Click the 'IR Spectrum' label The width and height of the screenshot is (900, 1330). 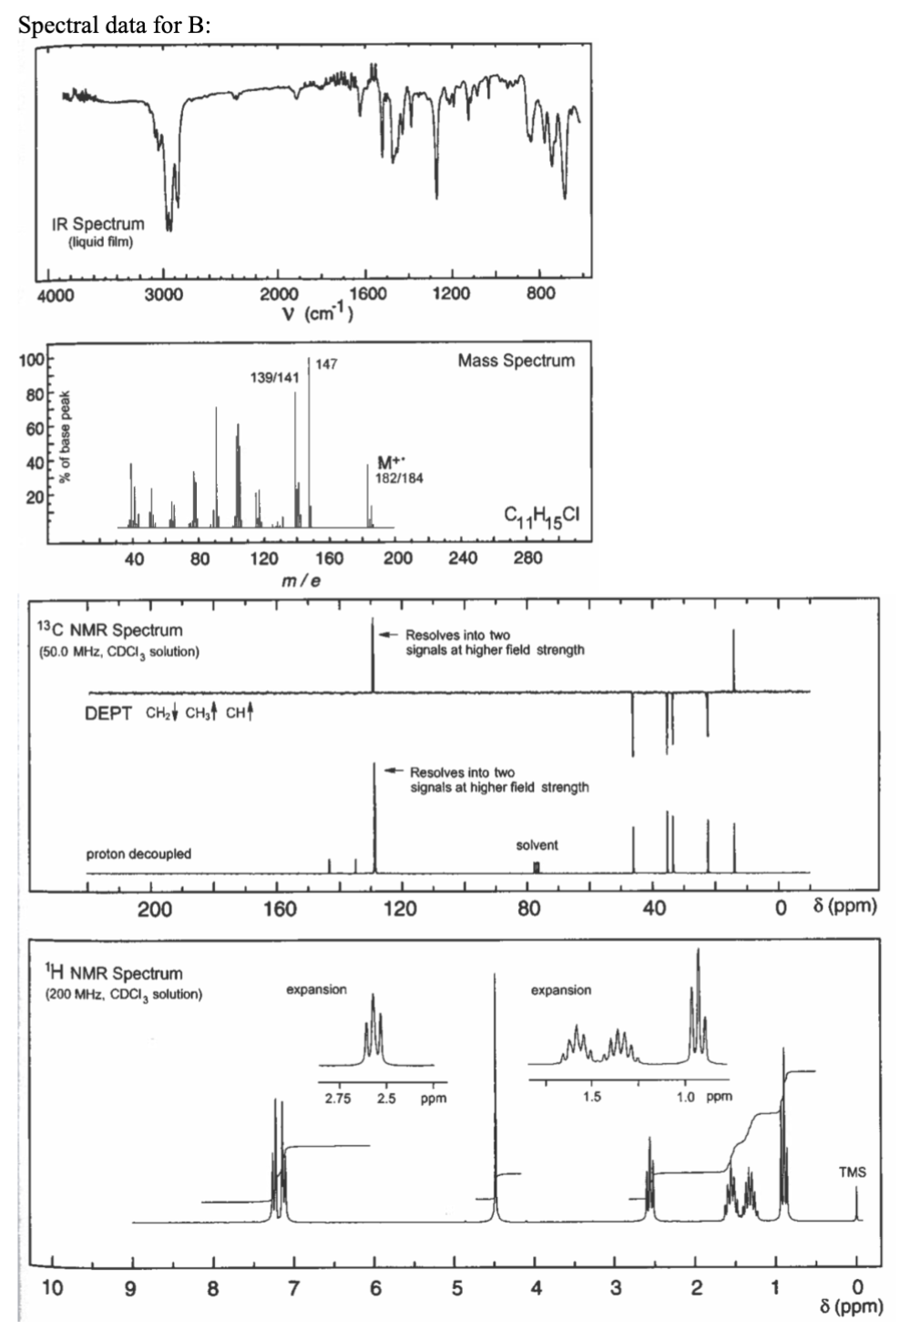[98, 224]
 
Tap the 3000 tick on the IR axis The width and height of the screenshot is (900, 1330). [163, 294]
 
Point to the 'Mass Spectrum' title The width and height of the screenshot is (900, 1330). [516, 361]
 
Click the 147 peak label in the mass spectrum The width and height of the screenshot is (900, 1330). [326, 364]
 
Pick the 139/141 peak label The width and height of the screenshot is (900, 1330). [274, 377]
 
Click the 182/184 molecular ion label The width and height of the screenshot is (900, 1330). [399, 478]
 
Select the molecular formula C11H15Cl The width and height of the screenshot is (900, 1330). [541, 516]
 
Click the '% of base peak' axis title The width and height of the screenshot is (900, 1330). [65, 437]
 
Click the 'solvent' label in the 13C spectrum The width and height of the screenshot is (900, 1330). [537, 845]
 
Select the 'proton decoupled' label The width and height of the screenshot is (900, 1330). [138, 854]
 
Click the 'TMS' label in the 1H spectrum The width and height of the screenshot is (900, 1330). [852, 1172]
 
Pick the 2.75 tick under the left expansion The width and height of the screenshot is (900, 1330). [339, 1099]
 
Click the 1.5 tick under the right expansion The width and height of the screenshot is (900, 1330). [592, 1097]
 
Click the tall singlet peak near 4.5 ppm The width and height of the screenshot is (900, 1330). [496, 1093]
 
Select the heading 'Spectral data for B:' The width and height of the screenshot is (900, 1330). [115, 25]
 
